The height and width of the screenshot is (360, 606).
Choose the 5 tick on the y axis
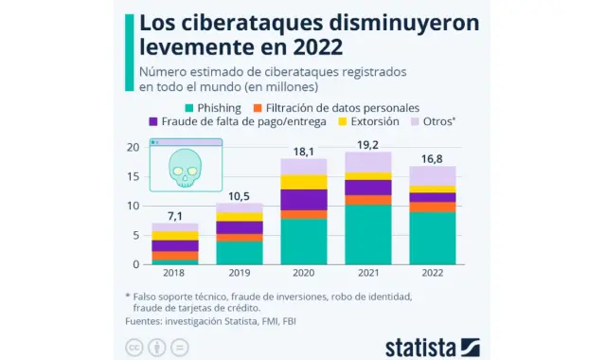tap(134, 234)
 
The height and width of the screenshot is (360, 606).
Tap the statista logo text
tap(419, 344)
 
